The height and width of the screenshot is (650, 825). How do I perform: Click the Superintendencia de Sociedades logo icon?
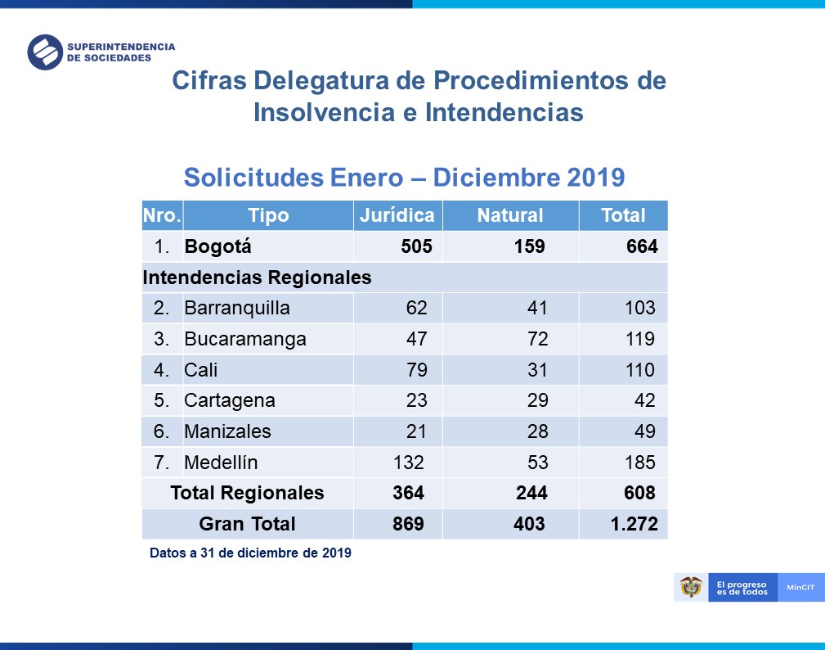click(x=45, y=52)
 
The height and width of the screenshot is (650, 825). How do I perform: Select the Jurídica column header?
click(x=397, y=215)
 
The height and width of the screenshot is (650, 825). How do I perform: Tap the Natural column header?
click(x=510, y=215)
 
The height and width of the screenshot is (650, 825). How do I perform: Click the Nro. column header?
click(x=162, y=215)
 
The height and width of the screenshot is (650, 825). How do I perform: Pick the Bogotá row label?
click(x=218, y=246)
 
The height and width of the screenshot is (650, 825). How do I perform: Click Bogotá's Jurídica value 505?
click(x=416, y=246)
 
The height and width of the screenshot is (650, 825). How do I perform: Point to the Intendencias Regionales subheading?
click(x=257, y=278)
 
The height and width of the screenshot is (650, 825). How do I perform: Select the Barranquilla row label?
click(x=237, y=309)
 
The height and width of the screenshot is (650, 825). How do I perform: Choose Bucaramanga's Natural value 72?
click(x=537, y=339)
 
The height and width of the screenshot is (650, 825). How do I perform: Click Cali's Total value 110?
click(x=639, y=370)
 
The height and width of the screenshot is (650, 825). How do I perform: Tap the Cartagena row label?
click(x=230, y=401)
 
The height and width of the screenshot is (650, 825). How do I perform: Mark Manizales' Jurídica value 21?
click(x=416, y=431)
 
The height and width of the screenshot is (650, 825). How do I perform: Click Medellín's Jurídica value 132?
click(x=409, y=463)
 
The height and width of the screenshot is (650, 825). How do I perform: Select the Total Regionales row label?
click(x=247, y=493)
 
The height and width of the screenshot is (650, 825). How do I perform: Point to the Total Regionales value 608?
click(x=639, y=493)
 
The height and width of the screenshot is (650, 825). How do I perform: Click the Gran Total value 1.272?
click(x=634, y=524)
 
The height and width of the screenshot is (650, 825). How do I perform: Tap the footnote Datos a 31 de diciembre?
click(x=250, y=553)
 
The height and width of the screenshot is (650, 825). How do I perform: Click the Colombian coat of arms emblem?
click(x=691, y=587)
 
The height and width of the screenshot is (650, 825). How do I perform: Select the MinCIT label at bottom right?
click(x=800, y=588)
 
